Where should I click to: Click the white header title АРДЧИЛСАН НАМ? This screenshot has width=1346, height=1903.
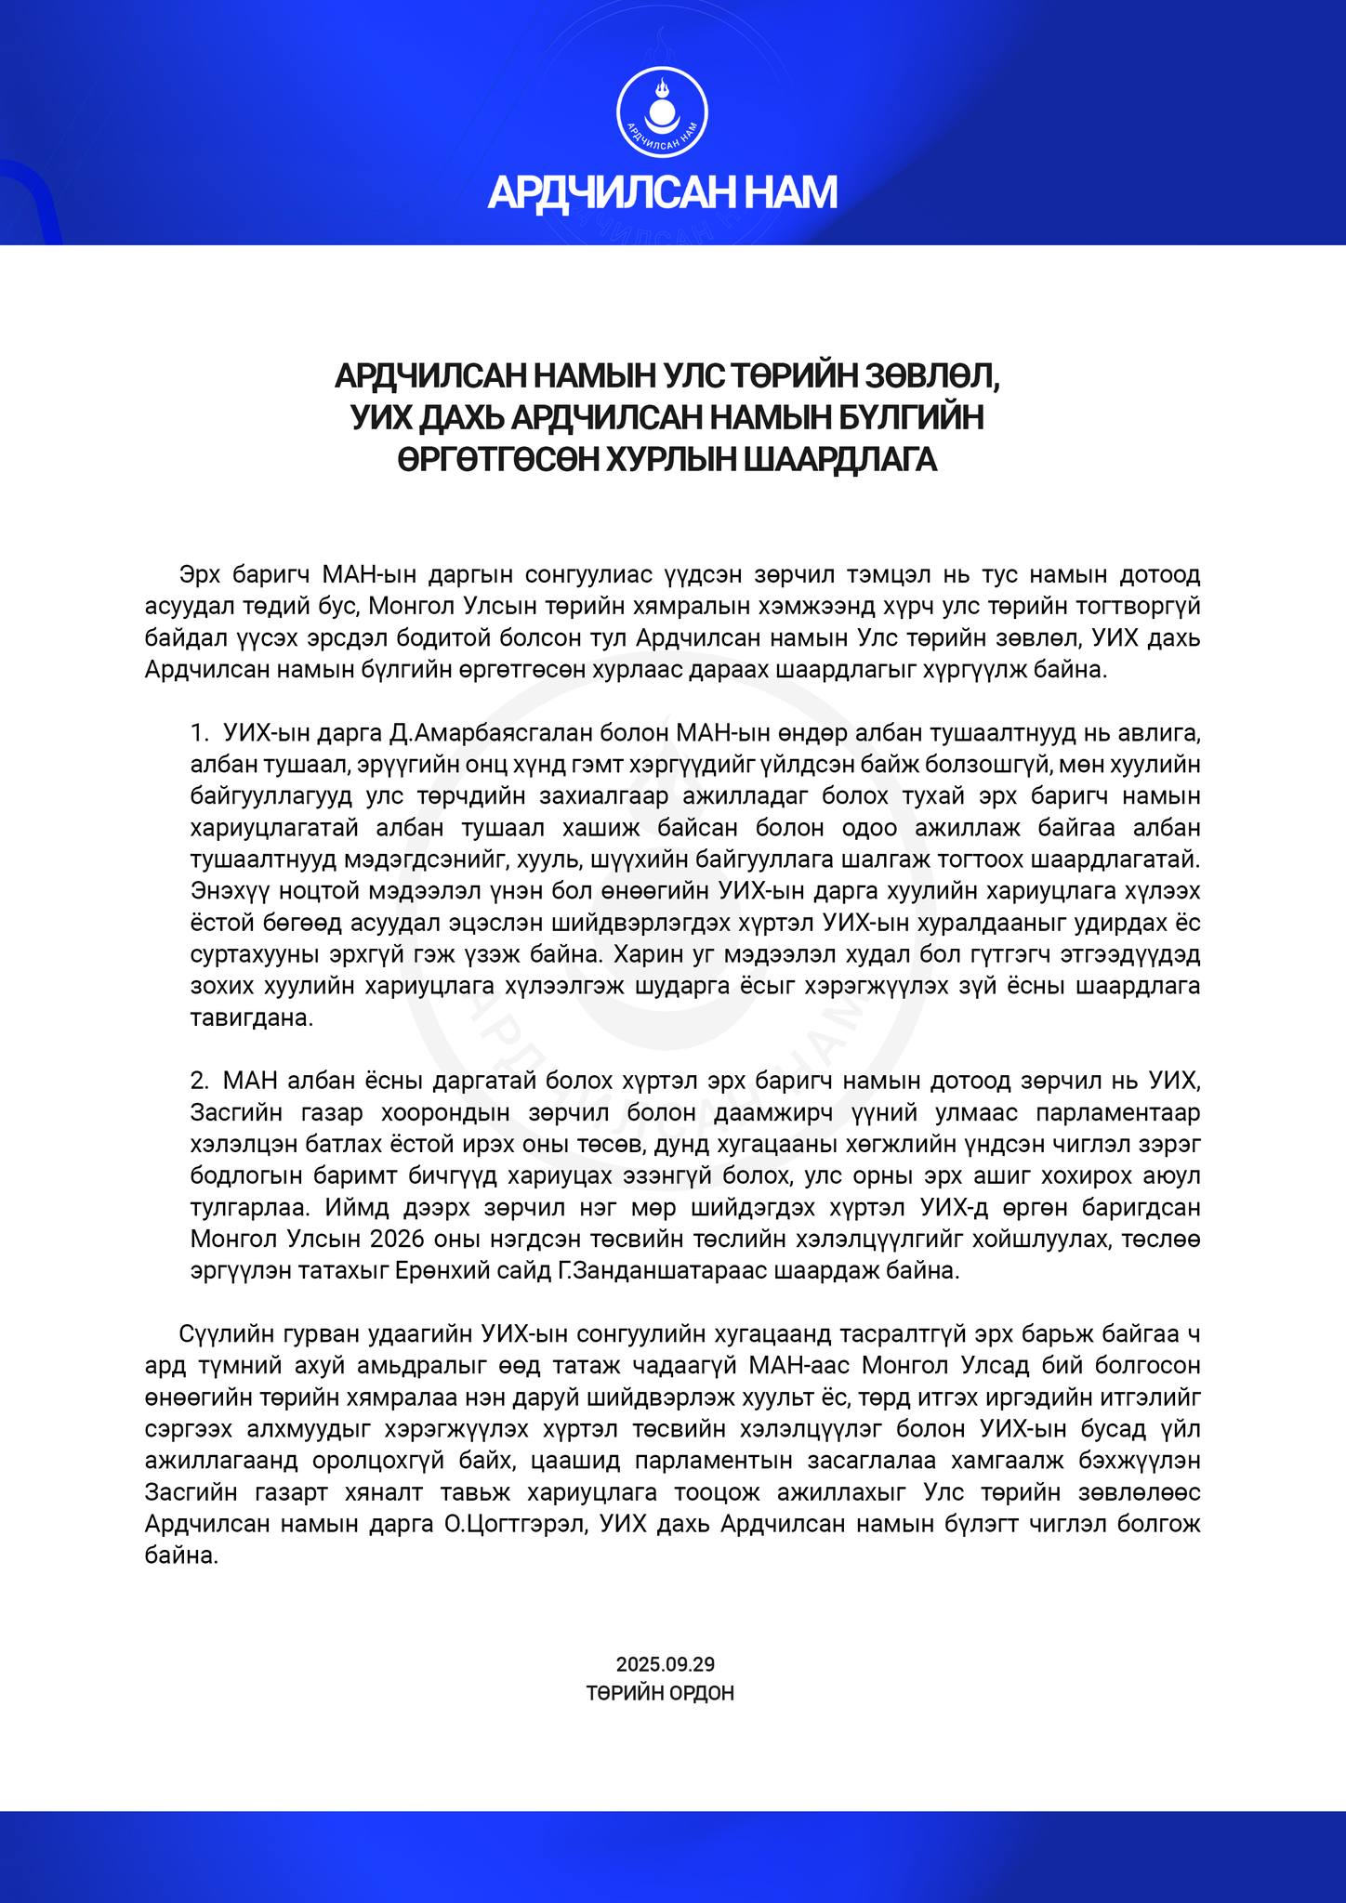coord(663,191)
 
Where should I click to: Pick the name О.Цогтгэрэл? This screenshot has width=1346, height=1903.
coord(517,1524)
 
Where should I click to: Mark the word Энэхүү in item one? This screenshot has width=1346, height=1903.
coord(231,892)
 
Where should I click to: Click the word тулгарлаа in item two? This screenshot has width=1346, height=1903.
coord(250,1208)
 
